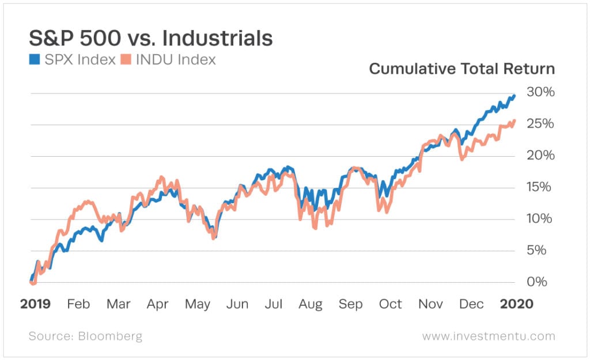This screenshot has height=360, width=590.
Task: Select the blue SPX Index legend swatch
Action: click(34, 59)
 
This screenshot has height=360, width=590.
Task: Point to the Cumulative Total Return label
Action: click(462, 69)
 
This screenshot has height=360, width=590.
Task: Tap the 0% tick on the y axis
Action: click(543, 282)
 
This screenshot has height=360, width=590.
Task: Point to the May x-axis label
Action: click(198, 304)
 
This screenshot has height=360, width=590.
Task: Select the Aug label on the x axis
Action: click(310, 304)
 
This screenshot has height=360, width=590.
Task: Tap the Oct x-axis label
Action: click(390, 304)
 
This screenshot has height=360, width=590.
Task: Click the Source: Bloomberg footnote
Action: click(85, 336)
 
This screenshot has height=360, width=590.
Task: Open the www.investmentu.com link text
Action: click(489, 336)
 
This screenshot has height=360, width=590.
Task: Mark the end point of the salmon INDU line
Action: click(514, 120)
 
